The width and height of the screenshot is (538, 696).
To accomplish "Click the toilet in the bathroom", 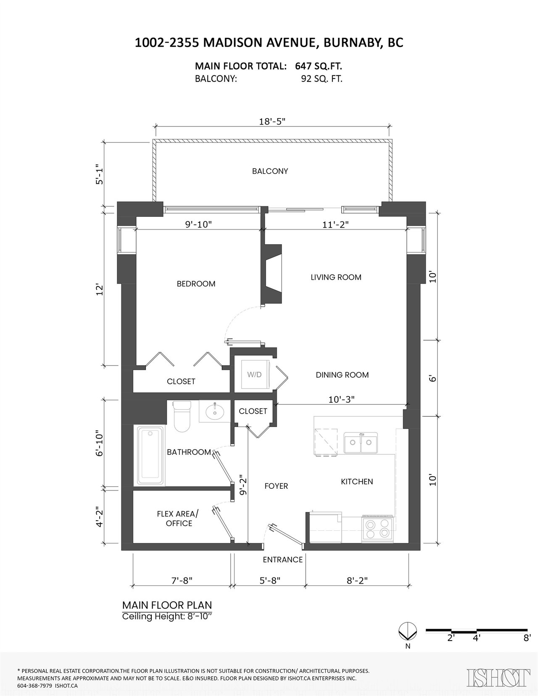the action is (x=182, y=416).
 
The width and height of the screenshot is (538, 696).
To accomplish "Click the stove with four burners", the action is (x=377, y=529).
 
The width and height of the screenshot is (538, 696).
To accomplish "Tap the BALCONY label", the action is (x=270, y=171).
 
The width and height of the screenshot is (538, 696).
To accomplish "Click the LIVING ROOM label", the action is (x=336, y=277).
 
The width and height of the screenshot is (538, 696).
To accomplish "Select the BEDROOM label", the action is (x=196, y=283).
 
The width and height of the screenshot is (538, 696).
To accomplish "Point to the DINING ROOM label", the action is (x=342, y=375).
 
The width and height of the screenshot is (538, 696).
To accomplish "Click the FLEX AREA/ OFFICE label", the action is (x=178, y=519).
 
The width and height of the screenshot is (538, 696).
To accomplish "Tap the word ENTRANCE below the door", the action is (x=283, y=559).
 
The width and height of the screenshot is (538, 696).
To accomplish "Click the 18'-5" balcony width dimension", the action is (x=272, y=121).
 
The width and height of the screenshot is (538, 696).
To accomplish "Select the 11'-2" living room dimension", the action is (x=335, y=224).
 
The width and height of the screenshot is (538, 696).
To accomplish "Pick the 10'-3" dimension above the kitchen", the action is (x=341, y=399).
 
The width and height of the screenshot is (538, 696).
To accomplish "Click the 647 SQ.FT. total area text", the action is (x=319, y=66).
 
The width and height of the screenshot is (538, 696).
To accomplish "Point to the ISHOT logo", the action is (x=498, y=678).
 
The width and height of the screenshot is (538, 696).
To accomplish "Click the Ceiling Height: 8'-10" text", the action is (x=167, y=616).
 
